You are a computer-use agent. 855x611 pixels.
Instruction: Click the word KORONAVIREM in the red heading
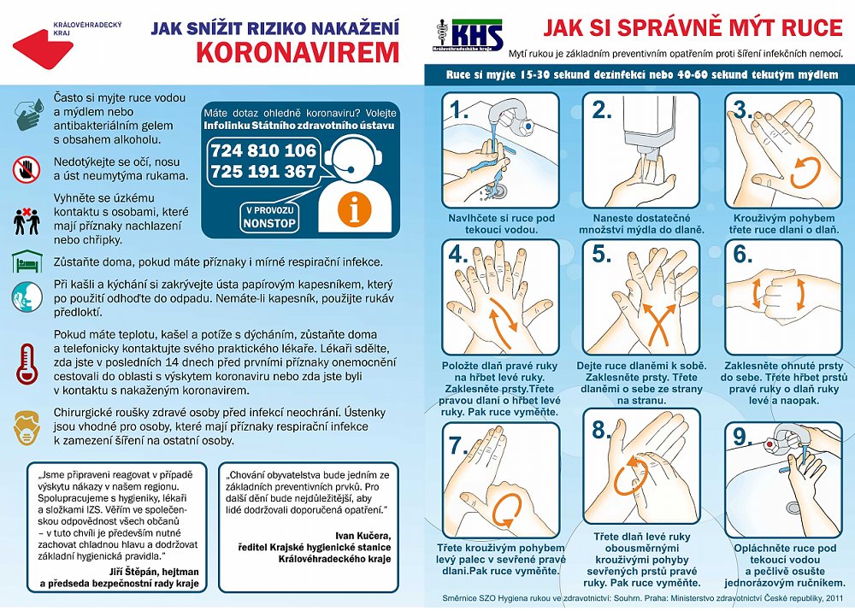click(x=298, y=53)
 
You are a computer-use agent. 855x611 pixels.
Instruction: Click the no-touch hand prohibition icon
click(x=27, y=168)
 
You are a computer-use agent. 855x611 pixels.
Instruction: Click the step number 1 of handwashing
click(x=460, y=109)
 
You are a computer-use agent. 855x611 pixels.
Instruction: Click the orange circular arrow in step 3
click(x=805, y=171)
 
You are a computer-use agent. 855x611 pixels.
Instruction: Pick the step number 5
click(x=602, y=255)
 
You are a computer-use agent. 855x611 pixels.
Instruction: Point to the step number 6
click(x=742, y=255)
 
